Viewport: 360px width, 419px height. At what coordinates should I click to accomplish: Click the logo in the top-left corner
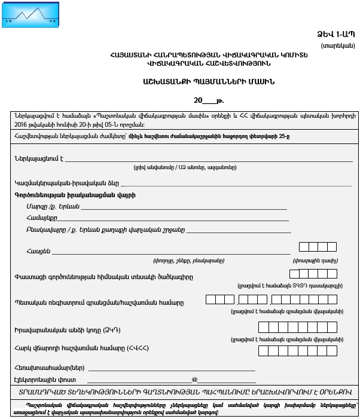coord(30,14)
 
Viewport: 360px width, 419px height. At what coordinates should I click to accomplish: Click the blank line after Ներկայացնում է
coord(209,160)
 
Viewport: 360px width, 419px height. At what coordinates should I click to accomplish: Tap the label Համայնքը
coord(41,218)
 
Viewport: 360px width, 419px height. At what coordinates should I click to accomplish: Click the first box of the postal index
coord(304,247)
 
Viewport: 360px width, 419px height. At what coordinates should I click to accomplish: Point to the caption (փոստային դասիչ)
coord(315,261)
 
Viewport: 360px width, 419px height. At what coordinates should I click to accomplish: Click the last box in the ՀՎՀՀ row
coord(331,351)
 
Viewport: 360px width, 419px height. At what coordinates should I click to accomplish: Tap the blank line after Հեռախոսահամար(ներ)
coord(171,368)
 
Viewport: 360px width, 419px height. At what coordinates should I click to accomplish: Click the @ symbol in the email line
coord(194,380)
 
